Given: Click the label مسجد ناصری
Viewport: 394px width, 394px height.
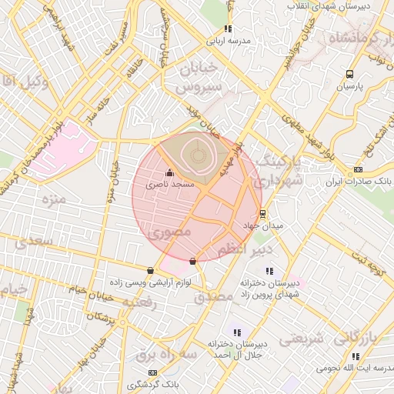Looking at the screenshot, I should pos(177,185).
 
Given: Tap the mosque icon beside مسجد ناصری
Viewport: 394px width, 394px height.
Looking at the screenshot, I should pos(169,173).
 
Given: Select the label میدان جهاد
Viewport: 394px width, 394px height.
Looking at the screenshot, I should pos(263,226).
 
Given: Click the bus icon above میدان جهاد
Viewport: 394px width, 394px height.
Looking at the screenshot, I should pos(263,214).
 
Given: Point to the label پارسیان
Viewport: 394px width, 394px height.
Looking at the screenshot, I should pos(349,87).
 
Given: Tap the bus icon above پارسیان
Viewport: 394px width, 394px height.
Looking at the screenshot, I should pos(350,75).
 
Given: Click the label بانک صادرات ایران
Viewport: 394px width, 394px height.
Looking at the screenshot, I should pos(356,182).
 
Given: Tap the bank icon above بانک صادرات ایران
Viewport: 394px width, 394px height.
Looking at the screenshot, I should pos(358,169).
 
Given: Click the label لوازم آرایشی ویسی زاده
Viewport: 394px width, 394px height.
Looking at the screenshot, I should pos(149,282).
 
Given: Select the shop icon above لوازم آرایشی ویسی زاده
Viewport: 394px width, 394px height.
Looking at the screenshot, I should pos(149,270).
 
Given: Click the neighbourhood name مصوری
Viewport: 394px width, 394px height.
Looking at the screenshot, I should pos(172,230).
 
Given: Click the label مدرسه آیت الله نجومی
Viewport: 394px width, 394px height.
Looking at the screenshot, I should pos(354,369).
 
